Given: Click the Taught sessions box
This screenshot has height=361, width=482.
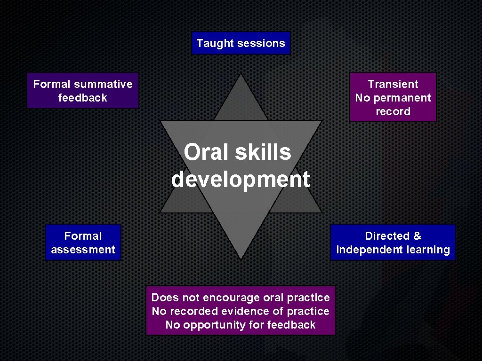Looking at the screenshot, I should (241, 43).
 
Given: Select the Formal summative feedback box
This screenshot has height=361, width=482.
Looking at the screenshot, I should (83, 91).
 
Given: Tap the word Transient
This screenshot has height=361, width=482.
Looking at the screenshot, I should (393, 84).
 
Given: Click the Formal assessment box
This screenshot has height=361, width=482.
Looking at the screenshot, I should (83, 243).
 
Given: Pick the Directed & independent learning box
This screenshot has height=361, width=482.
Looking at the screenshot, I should (393, 243).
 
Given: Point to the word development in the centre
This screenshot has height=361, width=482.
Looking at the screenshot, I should (241, 179).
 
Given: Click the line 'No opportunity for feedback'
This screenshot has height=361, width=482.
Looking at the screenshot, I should (241, 325).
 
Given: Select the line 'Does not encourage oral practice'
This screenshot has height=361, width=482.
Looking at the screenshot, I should (241, 298).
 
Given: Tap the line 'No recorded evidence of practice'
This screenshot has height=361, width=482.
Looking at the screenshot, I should (241, 311).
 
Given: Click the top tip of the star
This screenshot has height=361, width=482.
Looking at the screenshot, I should (241, 75).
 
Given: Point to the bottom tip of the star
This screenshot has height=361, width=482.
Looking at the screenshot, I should (241, 258).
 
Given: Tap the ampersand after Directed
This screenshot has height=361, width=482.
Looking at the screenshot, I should (417, 236).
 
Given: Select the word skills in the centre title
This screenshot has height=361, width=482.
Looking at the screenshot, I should (265, 152).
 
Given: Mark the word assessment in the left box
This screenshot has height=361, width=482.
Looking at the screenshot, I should (83, 250).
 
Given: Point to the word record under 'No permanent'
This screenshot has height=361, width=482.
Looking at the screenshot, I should (393, 111).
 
